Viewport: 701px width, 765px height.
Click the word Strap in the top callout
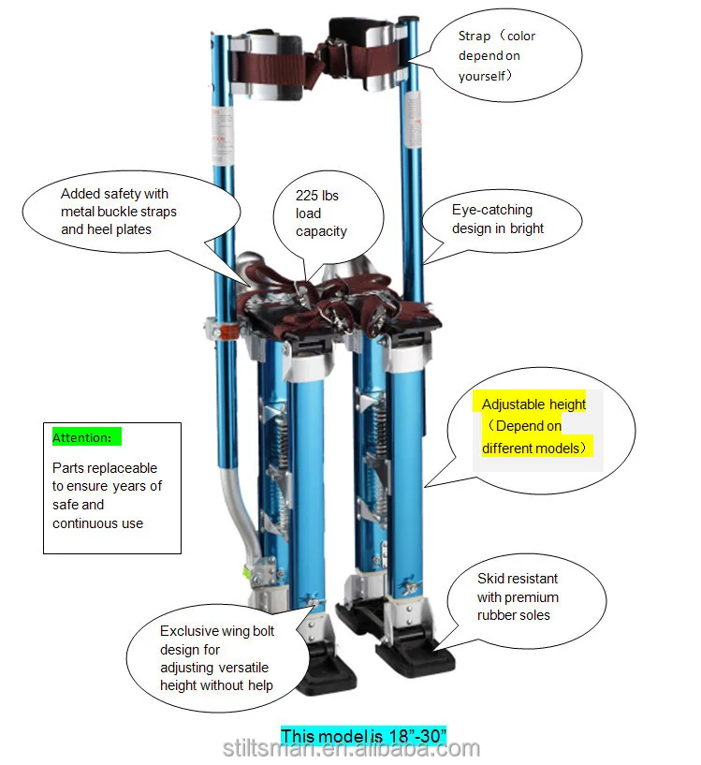point(475,37)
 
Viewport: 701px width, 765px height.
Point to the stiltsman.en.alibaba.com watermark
point(351,748)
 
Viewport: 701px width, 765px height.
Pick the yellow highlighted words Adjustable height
point(533,405)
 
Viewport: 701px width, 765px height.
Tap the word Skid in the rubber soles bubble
point(490,579)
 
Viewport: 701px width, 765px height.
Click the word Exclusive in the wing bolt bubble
point(189,631)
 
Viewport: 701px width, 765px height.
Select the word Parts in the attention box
point(68,467)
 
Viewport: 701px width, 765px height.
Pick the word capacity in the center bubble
point(321,231)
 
